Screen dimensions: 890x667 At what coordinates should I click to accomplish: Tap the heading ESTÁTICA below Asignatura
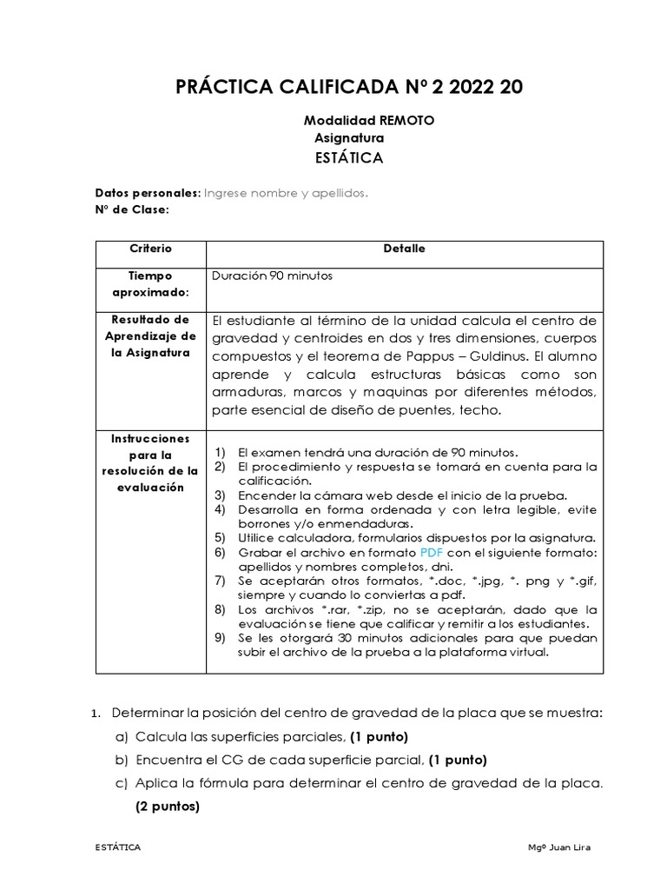(x=348, y=157)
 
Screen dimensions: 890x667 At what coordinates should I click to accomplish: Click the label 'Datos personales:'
(x=148, y=193)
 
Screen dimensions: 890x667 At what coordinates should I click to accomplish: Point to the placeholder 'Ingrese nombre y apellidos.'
(x=286, y=193)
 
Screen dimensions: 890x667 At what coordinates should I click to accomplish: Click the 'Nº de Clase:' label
(x=132, y=209)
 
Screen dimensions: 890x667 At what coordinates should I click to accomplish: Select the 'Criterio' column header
(x=150, y=249)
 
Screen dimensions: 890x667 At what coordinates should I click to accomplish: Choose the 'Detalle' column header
(x=404, y=249)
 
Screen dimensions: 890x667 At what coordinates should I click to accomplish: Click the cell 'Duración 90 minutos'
(x=272, y=276)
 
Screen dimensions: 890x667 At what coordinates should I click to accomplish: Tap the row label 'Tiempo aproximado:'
(x=150, y=284)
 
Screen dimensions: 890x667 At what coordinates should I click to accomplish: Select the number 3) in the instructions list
(x=220, y=495)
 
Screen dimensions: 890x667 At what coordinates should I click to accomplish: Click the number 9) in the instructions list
(x=220, y=637)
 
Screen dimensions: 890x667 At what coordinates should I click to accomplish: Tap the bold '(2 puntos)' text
(x=167, y=806)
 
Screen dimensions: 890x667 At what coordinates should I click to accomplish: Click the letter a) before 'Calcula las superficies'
(x=121, y=737)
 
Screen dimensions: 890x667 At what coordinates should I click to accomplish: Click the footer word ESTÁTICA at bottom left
(x=118, y=847)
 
